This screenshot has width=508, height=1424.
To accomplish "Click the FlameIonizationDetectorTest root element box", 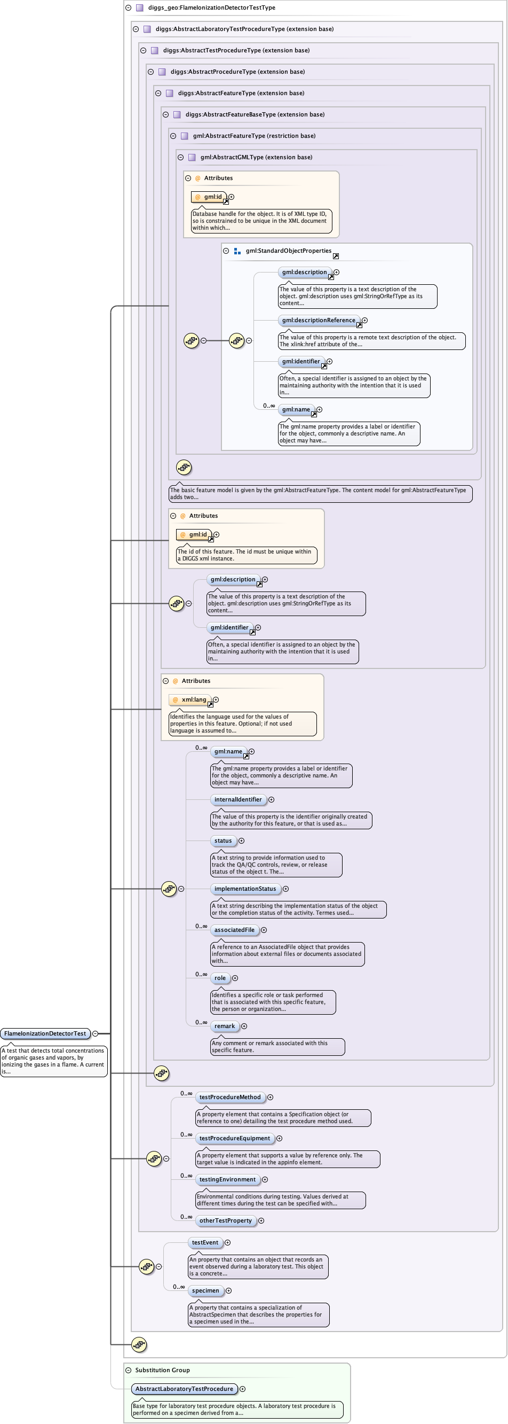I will pos(45,1033).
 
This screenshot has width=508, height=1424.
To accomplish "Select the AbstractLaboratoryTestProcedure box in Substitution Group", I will pos(185,1389).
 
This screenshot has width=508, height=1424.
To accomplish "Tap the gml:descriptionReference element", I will pos(319,320).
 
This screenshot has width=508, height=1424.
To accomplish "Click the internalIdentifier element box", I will pos(238,799).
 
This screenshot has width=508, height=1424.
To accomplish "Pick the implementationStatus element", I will pos(245,889).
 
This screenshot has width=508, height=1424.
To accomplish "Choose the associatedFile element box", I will pos(235,930).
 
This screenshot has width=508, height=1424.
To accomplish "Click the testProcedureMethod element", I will pos(229,1097).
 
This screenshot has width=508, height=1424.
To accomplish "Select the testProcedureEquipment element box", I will pos(235,1138).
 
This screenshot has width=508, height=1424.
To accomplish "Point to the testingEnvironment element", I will pos(227,1179).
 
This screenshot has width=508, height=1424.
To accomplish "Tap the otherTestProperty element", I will pos(225,1220).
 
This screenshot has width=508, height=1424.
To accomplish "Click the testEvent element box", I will pos(205,1242).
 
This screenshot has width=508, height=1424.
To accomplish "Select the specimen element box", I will pos(205,1290).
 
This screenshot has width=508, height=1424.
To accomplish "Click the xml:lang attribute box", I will pos(190,699).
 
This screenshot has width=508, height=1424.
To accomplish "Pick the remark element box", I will pos(225,1026).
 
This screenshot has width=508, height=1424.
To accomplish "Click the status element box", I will pos(223,841).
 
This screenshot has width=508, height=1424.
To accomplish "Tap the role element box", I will pos(220,978).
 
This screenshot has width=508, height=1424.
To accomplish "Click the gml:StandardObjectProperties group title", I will pos(288,251).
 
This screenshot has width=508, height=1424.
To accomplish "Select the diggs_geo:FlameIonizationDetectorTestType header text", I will pos(211,7).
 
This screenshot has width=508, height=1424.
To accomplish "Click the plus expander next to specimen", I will pos(228,1291).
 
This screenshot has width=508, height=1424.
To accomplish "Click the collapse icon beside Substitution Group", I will pos(128,1370).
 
